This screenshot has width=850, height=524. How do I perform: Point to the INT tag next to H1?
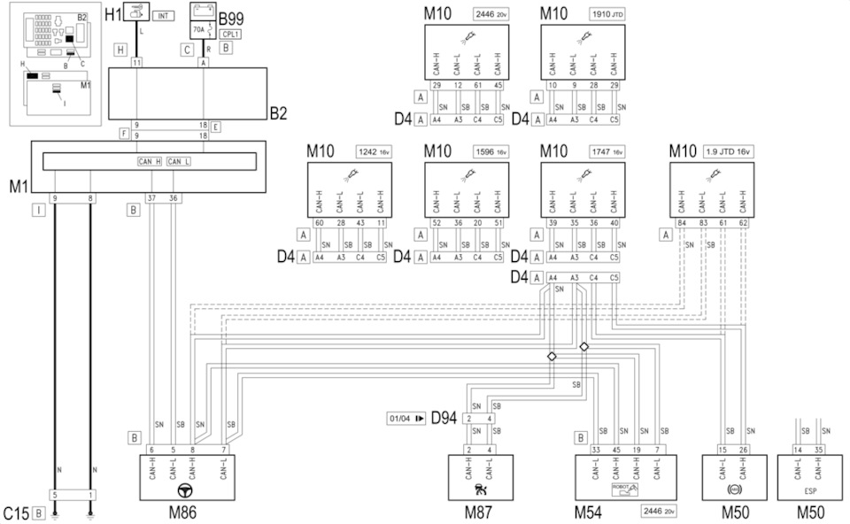coord(164,15)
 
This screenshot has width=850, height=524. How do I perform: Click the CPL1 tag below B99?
coord(229,34)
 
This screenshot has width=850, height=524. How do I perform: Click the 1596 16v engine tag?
coord(490,151)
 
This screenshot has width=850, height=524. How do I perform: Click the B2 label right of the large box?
coord(280,113)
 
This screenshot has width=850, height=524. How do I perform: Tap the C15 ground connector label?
coord(16,512)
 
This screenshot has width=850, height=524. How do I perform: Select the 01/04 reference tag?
coord(406,417)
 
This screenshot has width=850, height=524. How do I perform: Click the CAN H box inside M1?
coord(149,161)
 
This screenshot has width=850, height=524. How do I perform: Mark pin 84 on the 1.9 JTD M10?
coord(681,223)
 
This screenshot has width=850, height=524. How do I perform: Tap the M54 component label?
coord(589,511)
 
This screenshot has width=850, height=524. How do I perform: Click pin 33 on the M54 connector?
coord(594,450)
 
